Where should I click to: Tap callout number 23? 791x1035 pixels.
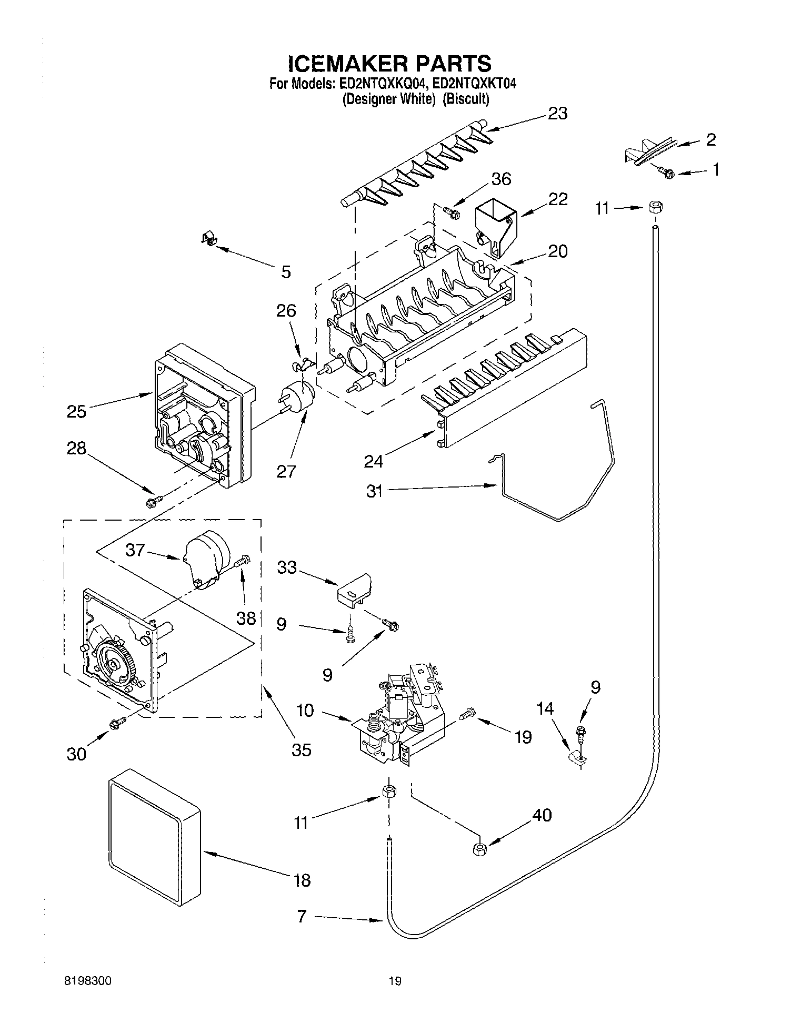click(x=557, y=113)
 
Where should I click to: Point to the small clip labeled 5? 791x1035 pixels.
click(x=209, y=240)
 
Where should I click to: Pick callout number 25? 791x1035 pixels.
click(x=76, y=411)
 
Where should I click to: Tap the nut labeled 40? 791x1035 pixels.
click(x=479, y=849)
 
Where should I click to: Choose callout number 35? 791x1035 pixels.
click(x=302, y=749)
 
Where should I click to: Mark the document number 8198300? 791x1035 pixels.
click(x=88, y=980)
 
